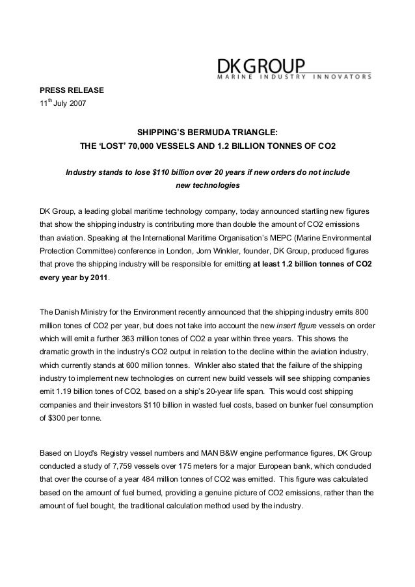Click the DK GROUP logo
click(260, 66)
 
